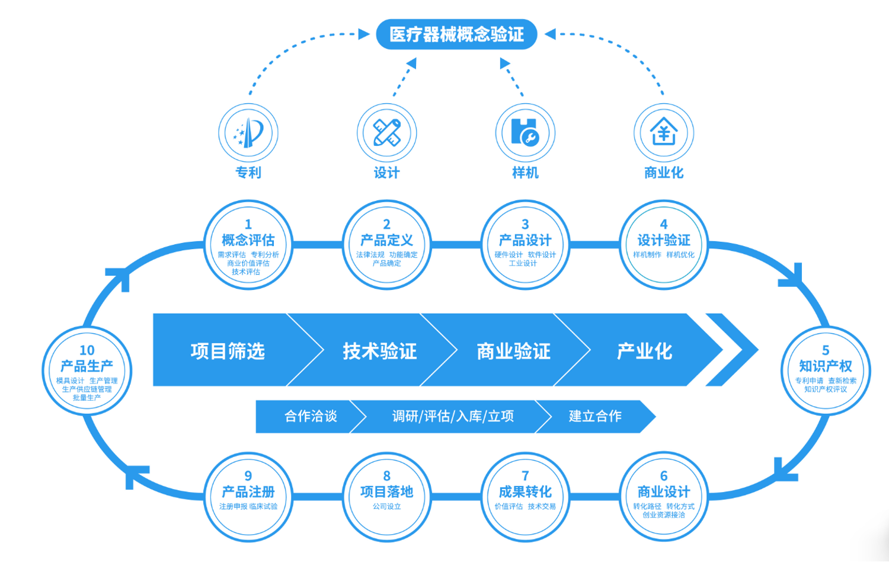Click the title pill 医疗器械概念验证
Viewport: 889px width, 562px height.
(456, 34)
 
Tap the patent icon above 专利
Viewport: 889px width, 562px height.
(248, 133)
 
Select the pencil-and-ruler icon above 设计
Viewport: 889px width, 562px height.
(387, 133)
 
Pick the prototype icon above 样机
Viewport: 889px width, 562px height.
(525, 133)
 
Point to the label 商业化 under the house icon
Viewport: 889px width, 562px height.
(664, 173)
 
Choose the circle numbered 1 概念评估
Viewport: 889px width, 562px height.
(248, 244)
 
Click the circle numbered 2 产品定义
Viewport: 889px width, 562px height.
(387, 244)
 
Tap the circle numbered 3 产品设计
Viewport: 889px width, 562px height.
(525, 244)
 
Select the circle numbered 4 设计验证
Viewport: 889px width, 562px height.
(664, 244)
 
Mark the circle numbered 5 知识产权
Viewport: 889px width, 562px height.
(826, 371)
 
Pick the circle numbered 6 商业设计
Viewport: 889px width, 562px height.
(664, 497)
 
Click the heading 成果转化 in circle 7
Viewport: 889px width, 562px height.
(525, 492)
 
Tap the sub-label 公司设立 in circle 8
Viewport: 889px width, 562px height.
(387, 506)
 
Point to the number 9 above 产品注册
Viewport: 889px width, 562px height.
(248, 475)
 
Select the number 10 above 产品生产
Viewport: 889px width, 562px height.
(87, 350)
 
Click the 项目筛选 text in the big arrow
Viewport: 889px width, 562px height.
(228, 351)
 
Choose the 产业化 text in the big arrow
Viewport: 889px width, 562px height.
(645, 351)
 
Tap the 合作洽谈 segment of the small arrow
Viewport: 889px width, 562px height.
(311, 416)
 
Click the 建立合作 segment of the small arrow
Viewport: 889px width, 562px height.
(595, 416)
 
